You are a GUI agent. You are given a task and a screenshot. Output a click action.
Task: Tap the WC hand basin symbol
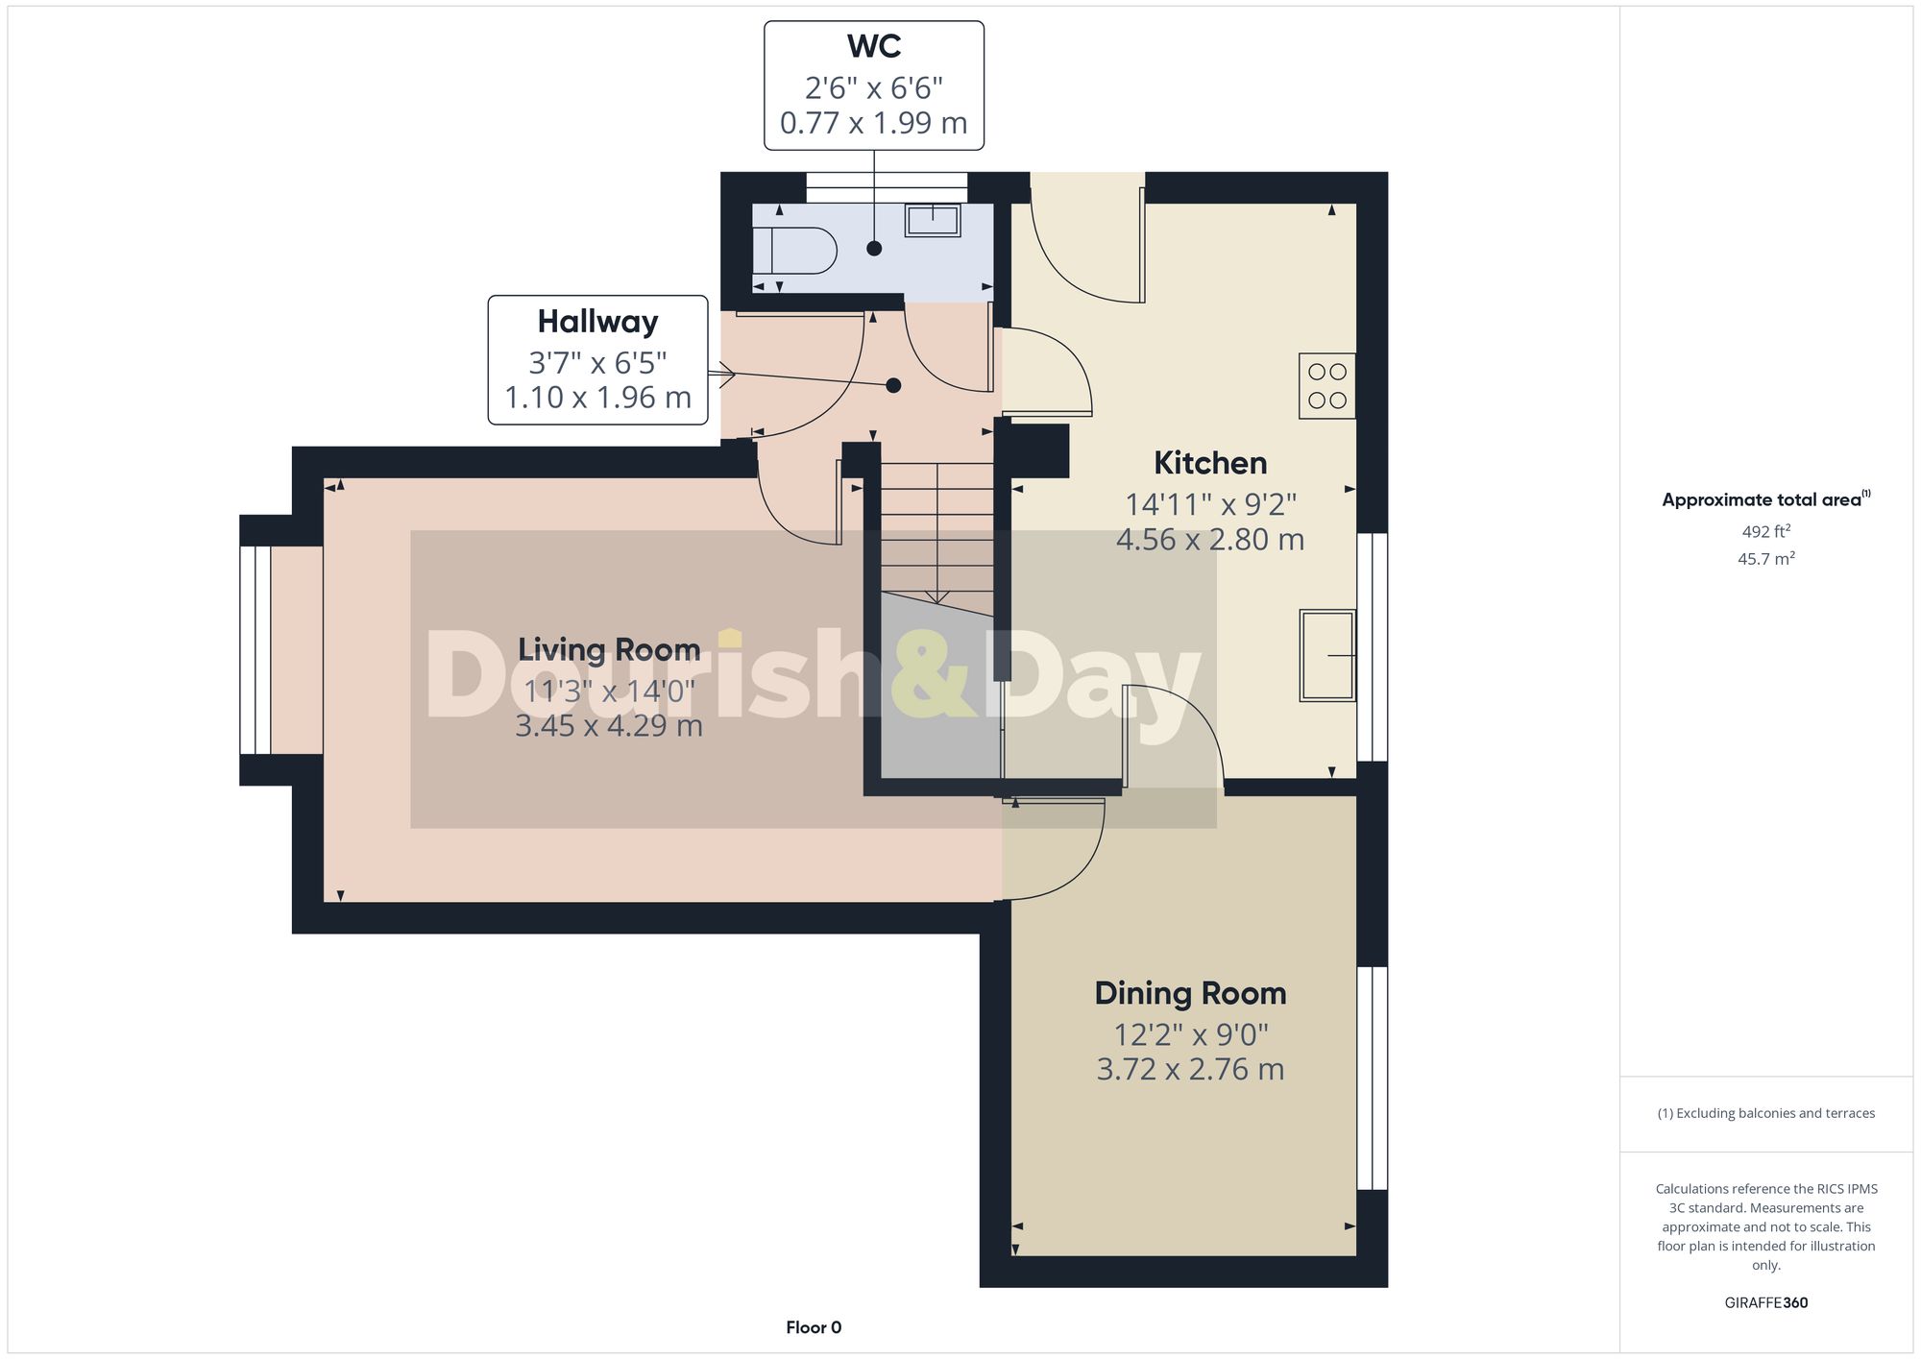pos(932,220)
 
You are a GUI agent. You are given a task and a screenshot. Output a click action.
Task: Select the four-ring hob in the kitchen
pos(1326,386)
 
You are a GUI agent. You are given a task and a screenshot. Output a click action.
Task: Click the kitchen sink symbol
pos(1327,655)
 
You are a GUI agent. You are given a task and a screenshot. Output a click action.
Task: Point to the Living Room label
pos(609,649)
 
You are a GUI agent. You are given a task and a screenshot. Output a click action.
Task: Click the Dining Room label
pos(1190,993)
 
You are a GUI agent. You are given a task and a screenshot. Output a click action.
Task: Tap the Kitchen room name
pos(1210,463)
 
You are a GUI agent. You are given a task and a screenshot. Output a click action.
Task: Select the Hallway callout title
pos(597,322)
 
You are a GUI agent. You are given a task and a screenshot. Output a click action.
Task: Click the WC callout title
pos(873,46)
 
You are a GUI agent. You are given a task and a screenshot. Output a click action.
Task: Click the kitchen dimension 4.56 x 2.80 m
pos(1210,540)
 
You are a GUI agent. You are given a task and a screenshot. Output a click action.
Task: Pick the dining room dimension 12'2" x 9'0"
pos(1190,1034)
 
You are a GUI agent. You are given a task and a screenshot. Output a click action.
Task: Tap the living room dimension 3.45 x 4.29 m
pos(609,725)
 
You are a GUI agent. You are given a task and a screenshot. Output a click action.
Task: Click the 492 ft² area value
pos(1765,531)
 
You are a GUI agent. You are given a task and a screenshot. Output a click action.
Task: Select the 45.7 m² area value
pos(1765,559)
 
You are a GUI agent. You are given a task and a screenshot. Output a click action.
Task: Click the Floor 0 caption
pos(814,1327)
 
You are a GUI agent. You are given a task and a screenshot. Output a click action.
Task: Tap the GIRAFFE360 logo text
pos(1765,1303)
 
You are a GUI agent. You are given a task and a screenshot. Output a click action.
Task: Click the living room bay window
pos(255,650)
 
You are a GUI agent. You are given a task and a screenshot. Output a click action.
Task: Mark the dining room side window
pos(1372,1078)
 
